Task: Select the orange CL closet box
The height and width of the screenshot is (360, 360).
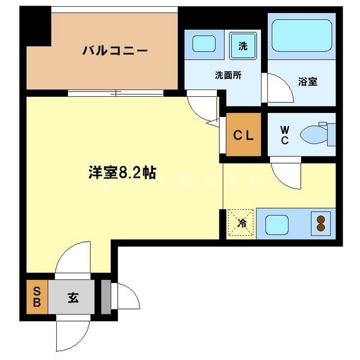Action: [244, 135]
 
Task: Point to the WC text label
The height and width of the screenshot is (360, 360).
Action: [285, 134]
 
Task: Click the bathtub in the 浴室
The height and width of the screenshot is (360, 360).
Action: [302, 36]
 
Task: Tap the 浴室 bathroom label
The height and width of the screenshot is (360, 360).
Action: [307, 82]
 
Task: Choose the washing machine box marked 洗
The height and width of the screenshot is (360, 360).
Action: [242, 46]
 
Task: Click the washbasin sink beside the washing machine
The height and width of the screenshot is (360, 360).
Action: [204, 44]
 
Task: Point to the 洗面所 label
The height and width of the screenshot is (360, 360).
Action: [228, 75]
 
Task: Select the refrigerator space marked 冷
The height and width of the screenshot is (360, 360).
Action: [241, 223]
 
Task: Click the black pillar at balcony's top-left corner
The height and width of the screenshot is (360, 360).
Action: [35, 28]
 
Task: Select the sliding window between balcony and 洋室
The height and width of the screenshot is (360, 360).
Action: [116, 93]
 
